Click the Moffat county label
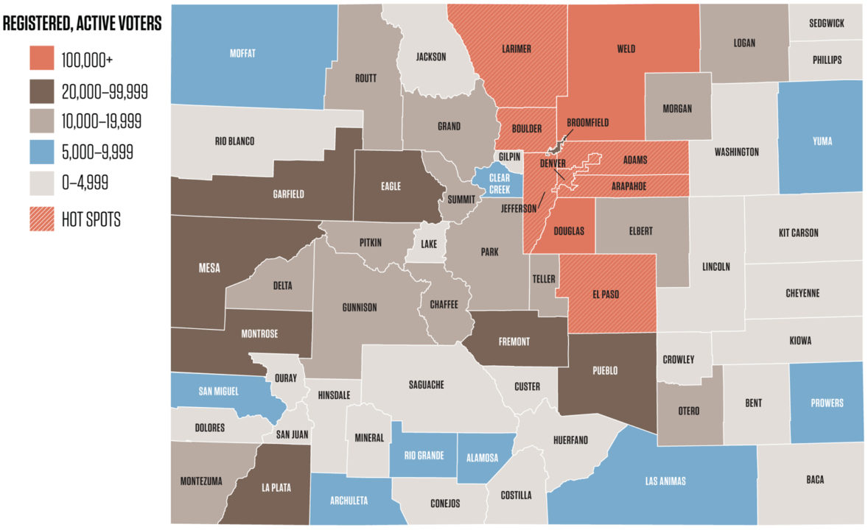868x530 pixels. (242, 54)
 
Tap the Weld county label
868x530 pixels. (626, 49)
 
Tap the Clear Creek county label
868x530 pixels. (499, 183)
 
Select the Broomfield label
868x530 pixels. (588, 123)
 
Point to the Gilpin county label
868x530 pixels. (509, 157)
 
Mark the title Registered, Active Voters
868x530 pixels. (82, 24)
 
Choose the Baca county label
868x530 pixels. (815, 480)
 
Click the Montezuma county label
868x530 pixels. (200, 481)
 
